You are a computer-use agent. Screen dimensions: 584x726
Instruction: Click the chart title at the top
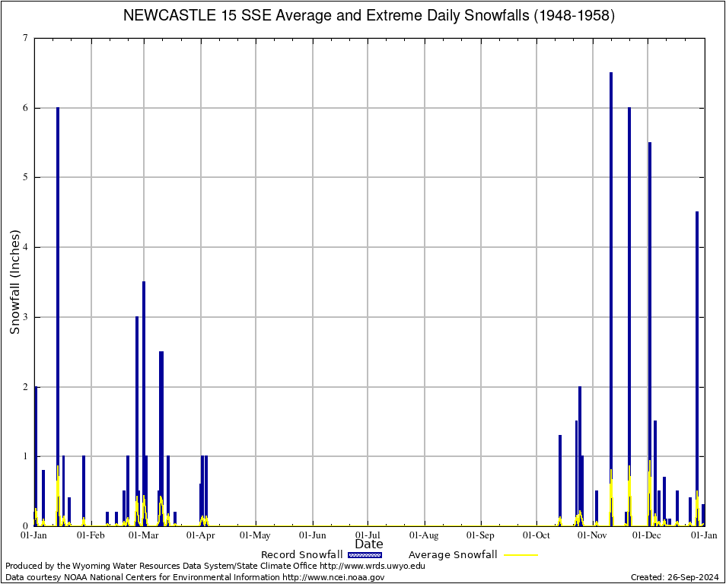368,16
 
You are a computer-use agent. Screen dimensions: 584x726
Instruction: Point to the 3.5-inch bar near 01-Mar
144,403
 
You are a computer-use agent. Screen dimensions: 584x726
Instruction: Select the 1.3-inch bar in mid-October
560,479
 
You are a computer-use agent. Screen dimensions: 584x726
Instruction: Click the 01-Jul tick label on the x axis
368,535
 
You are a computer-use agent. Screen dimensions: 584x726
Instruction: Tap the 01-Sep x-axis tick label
481,535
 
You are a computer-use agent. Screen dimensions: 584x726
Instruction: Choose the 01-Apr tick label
202,535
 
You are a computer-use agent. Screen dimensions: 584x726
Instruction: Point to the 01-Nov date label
592,535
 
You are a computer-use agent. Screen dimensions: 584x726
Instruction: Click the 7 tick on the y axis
25,38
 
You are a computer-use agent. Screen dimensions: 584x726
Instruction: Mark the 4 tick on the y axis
25,247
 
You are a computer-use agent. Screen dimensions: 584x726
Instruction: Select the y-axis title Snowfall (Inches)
14,282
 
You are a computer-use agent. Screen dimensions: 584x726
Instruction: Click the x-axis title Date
369,544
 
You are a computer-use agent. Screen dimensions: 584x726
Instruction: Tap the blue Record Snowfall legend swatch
365,554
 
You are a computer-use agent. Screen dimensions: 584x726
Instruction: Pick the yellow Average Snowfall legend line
521,554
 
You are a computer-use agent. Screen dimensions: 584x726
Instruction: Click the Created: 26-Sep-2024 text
674,577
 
